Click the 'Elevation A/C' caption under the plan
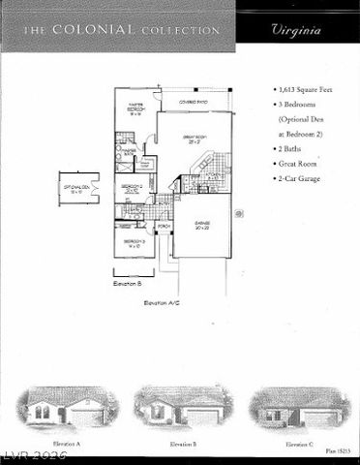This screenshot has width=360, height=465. tap(162, 303)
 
